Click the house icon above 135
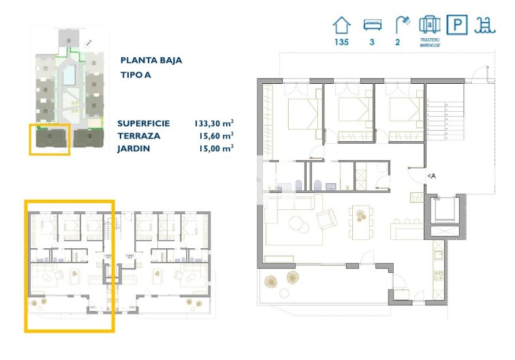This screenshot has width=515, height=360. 341,25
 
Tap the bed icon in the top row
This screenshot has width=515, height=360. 372,25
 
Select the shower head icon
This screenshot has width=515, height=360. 402,25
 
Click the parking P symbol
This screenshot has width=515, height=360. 456,25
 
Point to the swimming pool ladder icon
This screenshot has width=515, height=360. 485,25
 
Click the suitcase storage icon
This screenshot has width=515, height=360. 428,25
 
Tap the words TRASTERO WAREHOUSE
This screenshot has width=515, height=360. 428,44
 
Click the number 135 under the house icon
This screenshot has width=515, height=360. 341,43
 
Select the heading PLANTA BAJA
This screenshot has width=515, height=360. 151,60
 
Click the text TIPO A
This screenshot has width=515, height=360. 136,75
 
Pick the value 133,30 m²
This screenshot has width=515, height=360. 213,123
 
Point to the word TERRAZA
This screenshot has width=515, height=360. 138,136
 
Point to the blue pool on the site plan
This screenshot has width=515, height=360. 69,74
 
